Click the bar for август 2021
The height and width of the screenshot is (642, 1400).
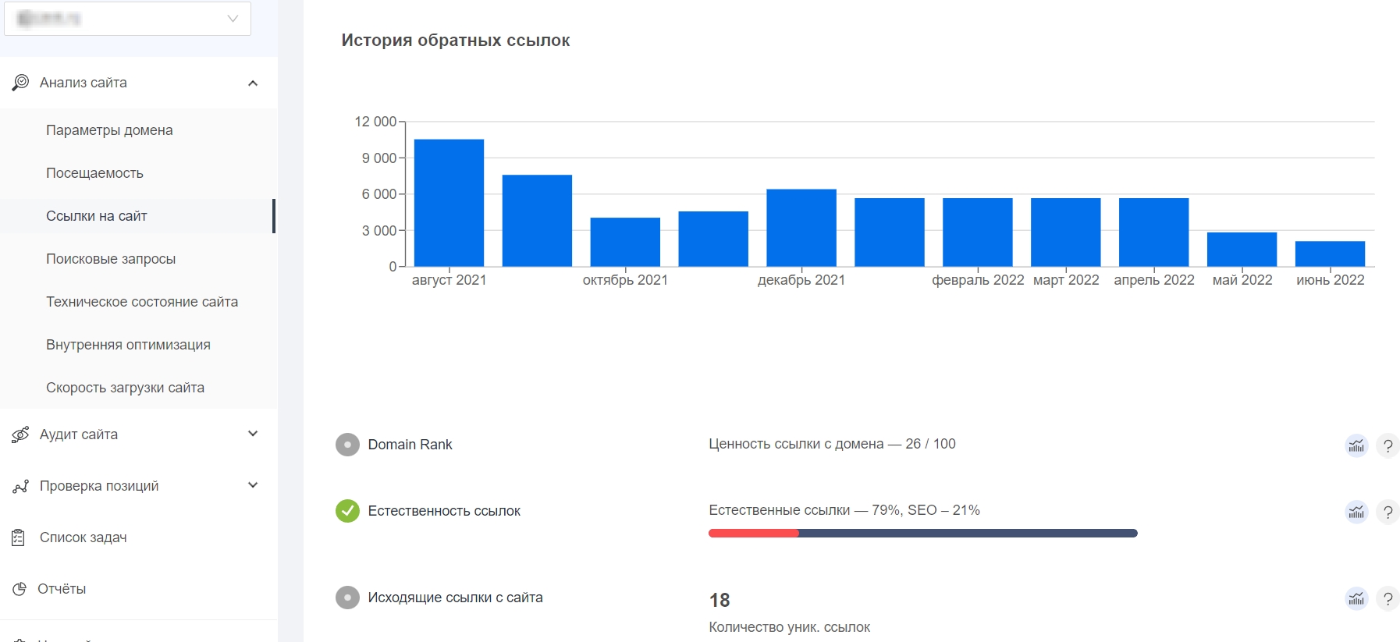[449, 203]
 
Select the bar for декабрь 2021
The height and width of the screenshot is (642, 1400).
[801, 228]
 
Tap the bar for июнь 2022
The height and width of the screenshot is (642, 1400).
[1330, 254]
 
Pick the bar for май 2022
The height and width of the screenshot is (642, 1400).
[1242, 250]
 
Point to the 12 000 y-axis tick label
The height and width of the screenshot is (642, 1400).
[375, 122]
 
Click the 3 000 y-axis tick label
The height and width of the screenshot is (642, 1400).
[378, 231]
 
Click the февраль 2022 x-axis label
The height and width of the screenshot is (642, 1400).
[977, 280]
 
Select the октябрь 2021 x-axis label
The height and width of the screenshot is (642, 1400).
[625, 280]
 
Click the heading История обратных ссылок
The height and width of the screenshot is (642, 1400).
[456, 41]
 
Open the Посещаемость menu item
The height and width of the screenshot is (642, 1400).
[94, 173]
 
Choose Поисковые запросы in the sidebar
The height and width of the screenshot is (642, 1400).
[111, 259]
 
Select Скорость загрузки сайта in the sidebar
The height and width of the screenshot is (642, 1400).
[125, 388]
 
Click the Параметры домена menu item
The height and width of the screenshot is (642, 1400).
[109, 130]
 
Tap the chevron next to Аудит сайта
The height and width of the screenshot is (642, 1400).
[253, 434]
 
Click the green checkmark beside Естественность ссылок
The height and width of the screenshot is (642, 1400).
[347, 511]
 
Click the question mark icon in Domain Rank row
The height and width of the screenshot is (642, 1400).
[1388, 445]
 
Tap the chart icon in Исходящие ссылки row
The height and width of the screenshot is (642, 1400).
[1356, 598]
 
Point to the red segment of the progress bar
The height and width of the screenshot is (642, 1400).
[753, 534]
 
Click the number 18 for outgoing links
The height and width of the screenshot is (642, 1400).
[720, 600]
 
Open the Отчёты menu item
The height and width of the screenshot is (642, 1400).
[62, 589]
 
